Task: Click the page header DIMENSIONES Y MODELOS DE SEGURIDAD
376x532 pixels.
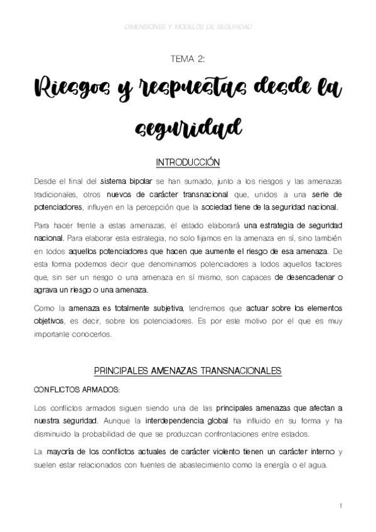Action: [188, 28]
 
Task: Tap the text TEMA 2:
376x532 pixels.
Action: [188, 58]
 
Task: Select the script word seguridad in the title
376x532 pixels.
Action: [188, 128]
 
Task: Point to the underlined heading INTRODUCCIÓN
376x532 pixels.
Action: [188, 162]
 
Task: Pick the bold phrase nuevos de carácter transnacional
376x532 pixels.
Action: [158, 194]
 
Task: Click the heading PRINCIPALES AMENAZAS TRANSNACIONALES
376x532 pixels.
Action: [188, 371]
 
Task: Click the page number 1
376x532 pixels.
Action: [340, 505]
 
